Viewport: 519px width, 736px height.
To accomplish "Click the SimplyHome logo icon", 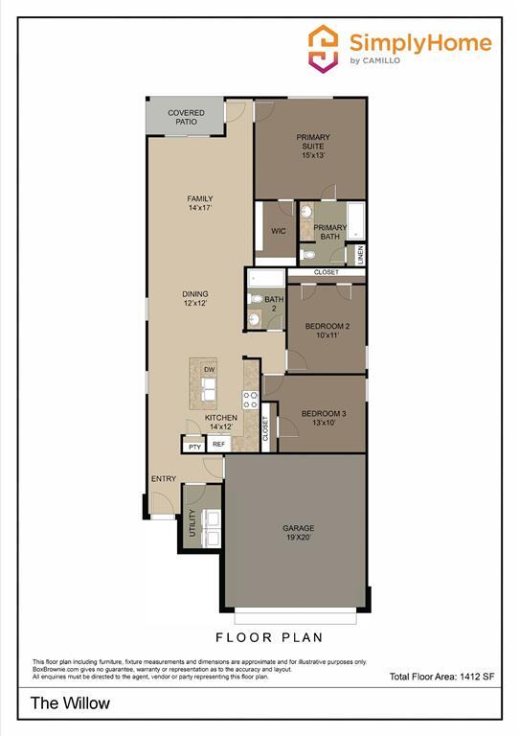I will coord(324,47).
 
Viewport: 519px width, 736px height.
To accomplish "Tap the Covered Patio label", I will coord(186,118).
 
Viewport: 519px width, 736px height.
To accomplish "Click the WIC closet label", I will coord(279,231).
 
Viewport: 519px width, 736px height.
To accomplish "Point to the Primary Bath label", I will coord(330,232).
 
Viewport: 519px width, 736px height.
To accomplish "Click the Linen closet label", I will coord(361,254).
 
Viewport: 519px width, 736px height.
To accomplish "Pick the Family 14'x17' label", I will coord(199,203).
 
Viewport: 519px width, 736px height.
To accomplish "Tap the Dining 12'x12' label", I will coord(195,298).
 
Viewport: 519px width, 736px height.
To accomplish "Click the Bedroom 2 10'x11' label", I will coord(327,331).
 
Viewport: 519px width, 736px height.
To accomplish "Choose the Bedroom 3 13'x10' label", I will coord(323,418).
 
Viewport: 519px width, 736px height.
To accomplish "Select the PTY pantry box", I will coord(194,446).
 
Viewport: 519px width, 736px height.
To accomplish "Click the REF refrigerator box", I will coord(218,445).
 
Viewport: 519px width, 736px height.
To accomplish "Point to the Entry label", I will coord(163,479).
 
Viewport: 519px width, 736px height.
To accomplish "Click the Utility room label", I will coord(192,523).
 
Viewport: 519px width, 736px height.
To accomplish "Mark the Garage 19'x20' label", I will coord(298,533).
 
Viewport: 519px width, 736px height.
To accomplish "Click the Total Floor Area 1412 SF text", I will coord(441,678).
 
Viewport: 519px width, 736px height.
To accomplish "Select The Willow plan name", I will coord(70,703).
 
